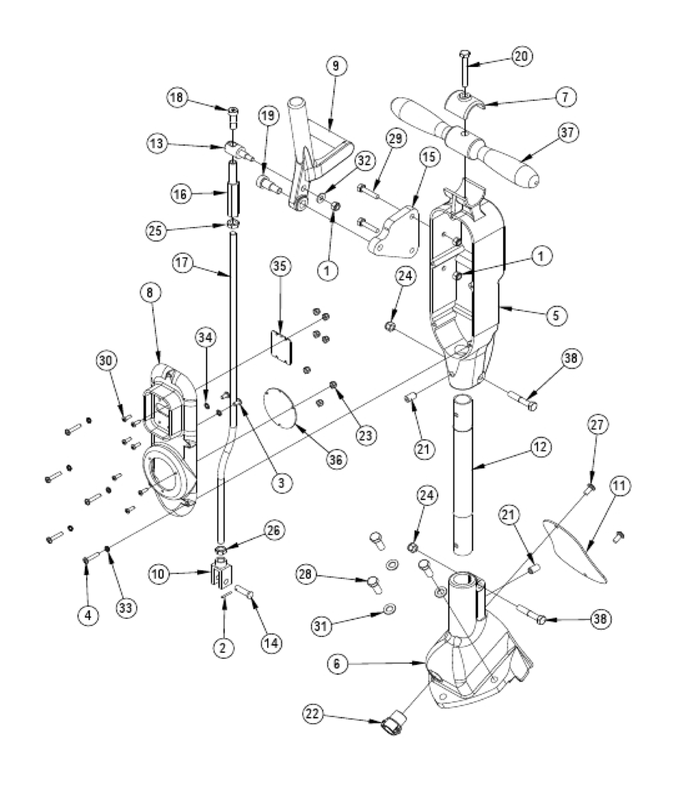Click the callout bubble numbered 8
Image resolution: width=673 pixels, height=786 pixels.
coord(150,293)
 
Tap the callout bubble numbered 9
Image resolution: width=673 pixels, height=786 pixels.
coord(336,66)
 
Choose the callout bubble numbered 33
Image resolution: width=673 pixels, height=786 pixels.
coord(125,608)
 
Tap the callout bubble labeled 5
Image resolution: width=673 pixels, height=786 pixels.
coord(556,315)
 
